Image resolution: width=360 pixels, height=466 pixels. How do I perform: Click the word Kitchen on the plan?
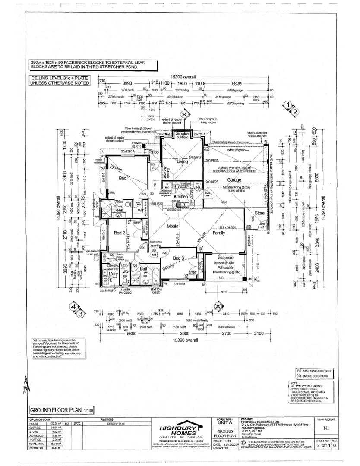pyautogui.click(x=181, y=196)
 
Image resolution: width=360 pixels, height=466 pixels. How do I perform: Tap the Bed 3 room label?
pyautogui.click(x=179, y=258)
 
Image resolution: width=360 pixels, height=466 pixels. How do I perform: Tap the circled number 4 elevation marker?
pyautogui.click(x=74, y=307)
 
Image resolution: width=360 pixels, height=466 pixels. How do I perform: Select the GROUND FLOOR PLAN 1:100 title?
pyautogui.click(x=61, y=409)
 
